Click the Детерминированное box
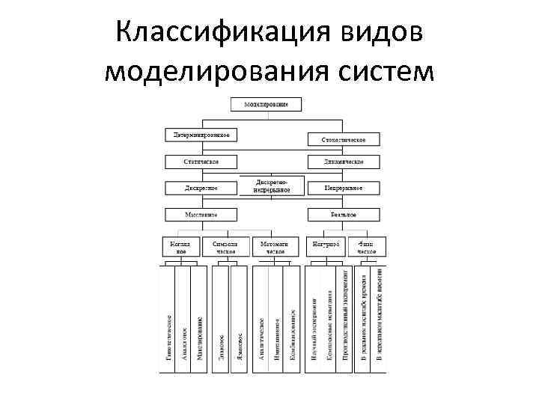[201, 135]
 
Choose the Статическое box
[201, 162]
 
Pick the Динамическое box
[343, 162]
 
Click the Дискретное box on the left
[201, 188]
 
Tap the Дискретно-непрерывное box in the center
[271, 186]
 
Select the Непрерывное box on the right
[343, 188]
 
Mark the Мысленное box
[201, 214]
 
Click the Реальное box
[343, 214]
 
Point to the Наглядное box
[180, 248]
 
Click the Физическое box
[367, 248]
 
